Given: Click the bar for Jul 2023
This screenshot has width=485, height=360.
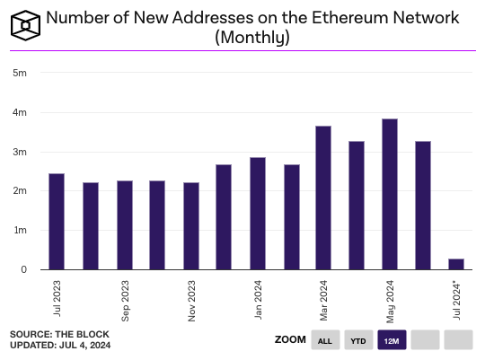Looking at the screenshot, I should [x=57, y=222].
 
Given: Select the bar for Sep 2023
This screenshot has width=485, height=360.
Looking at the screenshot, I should [x=124, y=225].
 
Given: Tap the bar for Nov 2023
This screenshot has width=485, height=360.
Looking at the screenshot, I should [x=190, y=226].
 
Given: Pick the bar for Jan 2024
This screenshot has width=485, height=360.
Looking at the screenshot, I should [x=258, y=214].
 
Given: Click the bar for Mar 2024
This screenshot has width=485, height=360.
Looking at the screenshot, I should [x=323, y=198].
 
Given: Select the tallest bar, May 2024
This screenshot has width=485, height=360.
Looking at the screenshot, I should [x=390, y=194].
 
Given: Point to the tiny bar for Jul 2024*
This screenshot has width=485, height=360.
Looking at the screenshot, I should [x=456, y=264].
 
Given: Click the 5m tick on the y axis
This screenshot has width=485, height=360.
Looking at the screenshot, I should [x=19, y=74].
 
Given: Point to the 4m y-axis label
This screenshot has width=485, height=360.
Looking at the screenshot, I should [x=19, y=113].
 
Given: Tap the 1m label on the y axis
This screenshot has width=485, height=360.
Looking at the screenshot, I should [x=19, y=231].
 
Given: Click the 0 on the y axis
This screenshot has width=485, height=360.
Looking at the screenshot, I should [x=22, y=270].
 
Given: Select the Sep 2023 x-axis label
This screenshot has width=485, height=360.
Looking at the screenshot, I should [x=126, y=301].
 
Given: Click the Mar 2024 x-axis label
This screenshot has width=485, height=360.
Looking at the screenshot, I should [x=324, y=301].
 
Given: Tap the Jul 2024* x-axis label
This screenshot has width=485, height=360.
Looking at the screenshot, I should [x=457, y=301].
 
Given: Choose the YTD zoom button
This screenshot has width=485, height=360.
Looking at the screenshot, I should [x=358, y=340].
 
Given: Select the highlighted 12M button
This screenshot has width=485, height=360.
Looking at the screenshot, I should [x=392, y=340].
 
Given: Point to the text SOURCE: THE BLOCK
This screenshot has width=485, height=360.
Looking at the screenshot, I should [x=52, y=334].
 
